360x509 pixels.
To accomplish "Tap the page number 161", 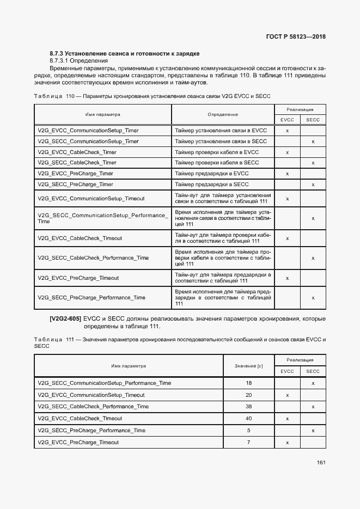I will (x=321, y=463).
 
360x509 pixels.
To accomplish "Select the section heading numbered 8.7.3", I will (x=125, y=53).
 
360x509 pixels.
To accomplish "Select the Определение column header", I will (x=222, y=114).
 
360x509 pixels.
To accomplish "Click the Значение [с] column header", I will (x=248, y=366).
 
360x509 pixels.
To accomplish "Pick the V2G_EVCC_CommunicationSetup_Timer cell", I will (x=88, y=131).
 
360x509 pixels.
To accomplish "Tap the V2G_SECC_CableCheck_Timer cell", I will (x=77, y=163).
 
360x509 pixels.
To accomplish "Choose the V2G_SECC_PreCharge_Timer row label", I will (x=75, y=185).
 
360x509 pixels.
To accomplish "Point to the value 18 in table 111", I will (x=248, y=383).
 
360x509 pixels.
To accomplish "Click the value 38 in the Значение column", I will (x=248, y=407).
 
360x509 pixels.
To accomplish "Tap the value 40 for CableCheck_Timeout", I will (x=248, y=419).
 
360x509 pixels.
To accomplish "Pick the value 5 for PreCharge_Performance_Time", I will (x=248, y=431).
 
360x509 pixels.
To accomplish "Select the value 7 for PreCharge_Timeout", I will (x=248, y=443).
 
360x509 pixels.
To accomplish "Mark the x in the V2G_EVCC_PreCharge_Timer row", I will (x=287, y=174).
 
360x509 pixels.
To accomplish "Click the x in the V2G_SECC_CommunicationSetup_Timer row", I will (x=313, y=142).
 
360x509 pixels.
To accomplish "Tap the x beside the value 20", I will (x=287, y=395).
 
